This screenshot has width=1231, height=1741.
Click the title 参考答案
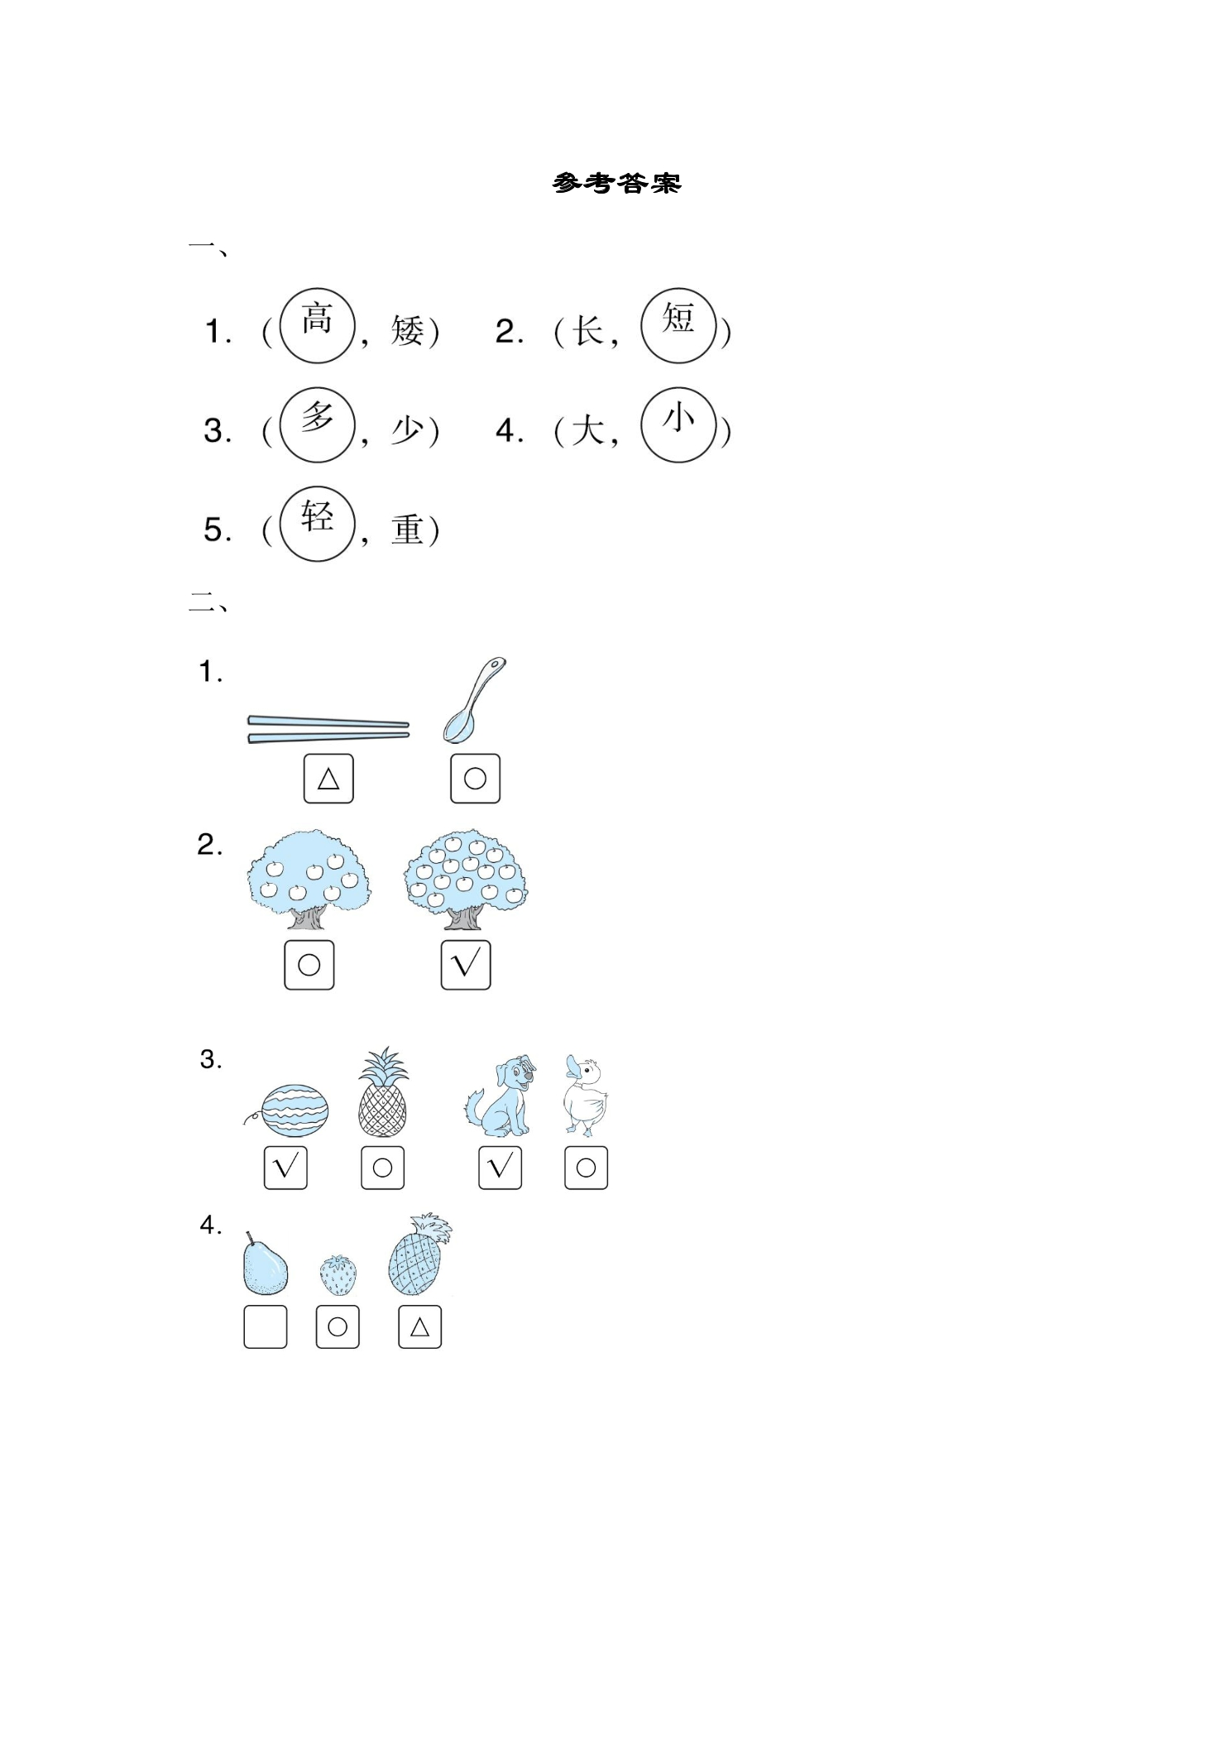click(x=616, y=183)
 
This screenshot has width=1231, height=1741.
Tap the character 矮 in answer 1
click(x=407, y=331)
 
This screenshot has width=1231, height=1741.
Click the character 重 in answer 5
click(x=407, y=530)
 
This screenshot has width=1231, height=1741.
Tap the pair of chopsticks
click(x=328, y=729)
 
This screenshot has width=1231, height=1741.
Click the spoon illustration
click(x=473, y=700)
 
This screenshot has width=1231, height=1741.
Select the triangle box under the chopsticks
click(x=328, y=779)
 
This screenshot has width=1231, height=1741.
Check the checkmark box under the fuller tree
click(x=466, y=965)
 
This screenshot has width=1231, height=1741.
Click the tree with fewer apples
click(x=309, y=880)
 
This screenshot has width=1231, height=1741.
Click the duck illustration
click(x=586, y=1094)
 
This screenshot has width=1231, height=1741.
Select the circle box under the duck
click(x=587, y=1168)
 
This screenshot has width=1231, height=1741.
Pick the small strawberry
click(x=339, y=1274)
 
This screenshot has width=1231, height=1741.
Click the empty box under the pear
click(x=266, y=1327)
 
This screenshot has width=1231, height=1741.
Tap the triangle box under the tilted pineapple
click(x=420, y=1327)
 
